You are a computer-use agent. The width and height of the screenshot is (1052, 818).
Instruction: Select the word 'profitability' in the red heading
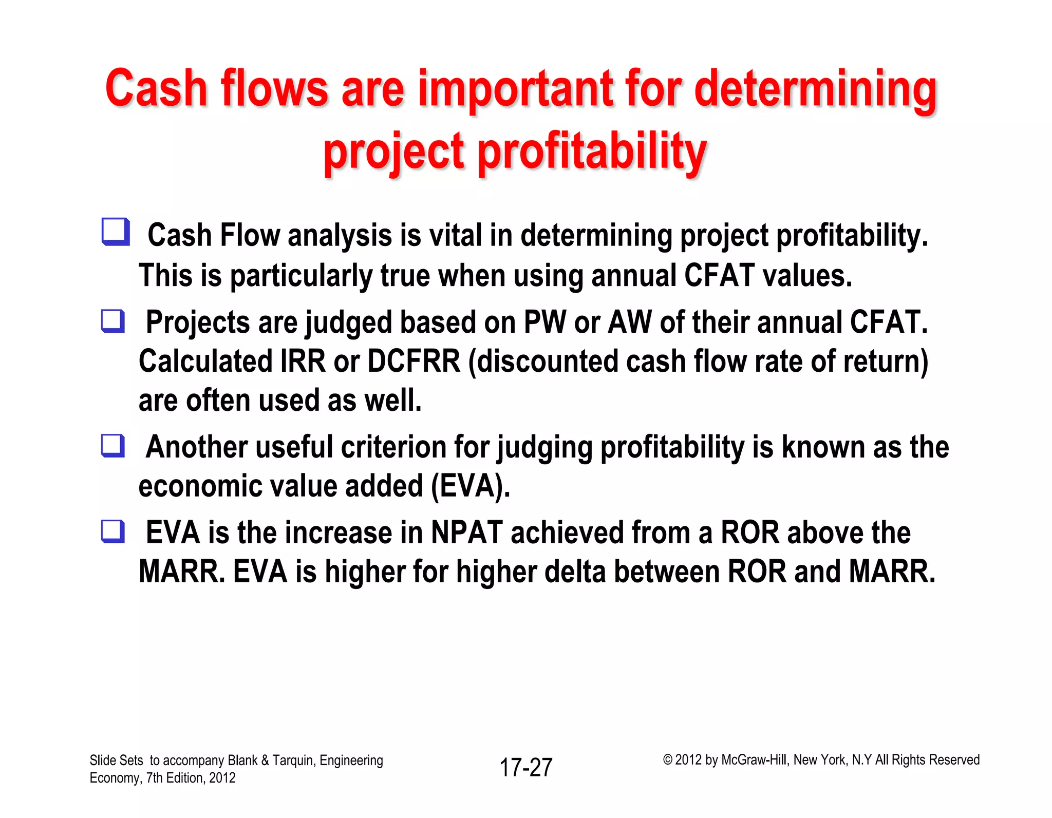click(592, 151)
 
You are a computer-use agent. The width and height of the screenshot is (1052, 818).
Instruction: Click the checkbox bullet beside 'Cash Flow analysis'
click(115, 232)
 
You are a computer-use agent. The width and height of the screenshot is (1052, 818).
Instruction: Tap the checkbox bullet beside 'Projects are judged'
click(113, 321)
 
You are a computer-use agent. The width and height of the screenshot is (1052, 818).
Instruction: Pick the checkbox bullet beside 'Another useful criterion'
click(113, 445)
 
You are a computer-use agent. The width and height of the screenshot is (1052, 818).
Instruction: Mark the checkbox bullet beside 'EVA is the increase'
click(113, 531)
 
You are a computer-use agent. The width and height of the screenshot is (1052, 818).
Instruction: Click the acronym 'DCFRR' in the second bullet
click(414, 361)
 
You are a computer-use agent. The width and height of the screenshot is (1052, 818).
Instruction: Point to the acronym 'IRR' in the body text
click(303, 361)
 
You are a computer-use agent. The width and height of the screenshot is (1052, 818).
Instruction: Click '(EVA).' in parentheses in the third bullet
click(471, 486)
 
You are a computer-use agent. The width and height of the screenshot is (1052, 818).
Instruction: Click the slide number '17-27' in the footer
click(526, 767)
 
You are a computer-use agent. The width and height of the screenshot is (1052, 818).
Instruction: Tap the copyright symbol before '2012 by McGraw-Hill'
click(667, 759)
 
